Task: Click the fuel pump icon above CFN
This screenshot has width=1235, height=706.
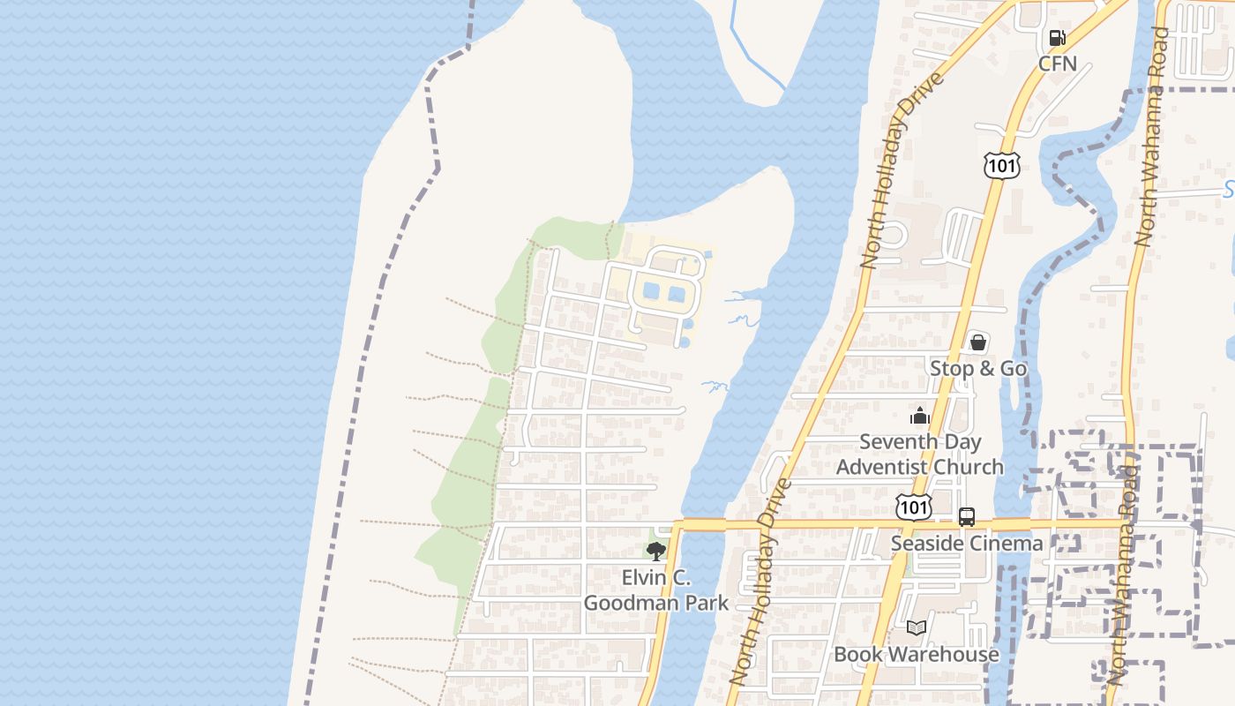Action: pyautogui.click(x=1056, y=38)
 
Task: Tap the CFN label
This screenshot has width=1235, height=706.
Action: pyautogui.click(x=1057, y=64)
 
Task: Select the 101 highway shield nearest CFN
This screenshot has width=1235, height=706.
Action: pyautogui.click(x=1002, y=165)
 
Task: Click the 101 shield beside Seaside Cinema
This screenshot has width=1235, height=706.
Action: pyautogui.click(x=912, y=507)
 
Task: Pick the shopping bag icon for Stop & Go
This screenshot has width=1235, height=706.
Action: pyautogui.click(x=977, y=342)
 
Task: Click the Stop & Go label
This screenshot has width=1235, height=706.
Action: pyautogui.click(x=978, y=368)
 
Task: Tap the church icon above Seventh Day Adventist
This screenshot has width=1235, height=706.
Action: pyautogui.click(x=920, y=416)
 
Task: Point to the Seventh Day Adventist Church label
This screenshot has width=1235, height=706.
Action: pyautogui.click(x=920, y=454)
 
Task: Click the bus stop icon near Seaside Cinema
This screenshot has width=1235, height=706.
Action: pyautogui.click(x=967, y=517)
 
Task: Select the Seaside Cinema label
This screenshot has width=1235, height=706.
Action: pyautogui.click(x=966, y=543)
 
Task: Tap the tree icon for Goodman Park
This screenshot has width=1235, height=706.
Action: pyautogui.click(x=655, y=552)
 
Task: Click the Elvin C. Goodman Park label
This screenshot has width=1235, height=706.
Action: pyautogui.click(x=656, y=590)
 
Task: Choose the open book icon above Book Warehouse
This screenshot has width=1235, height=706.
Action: pyautogui.click(x=917, y=628)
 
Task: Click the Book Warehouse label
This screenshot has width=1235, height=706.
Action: pyautogui.click(x=917, y=654)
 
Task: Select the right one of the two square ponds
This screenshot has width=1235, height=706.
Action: pyautogui.click(x=677, y=294)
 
